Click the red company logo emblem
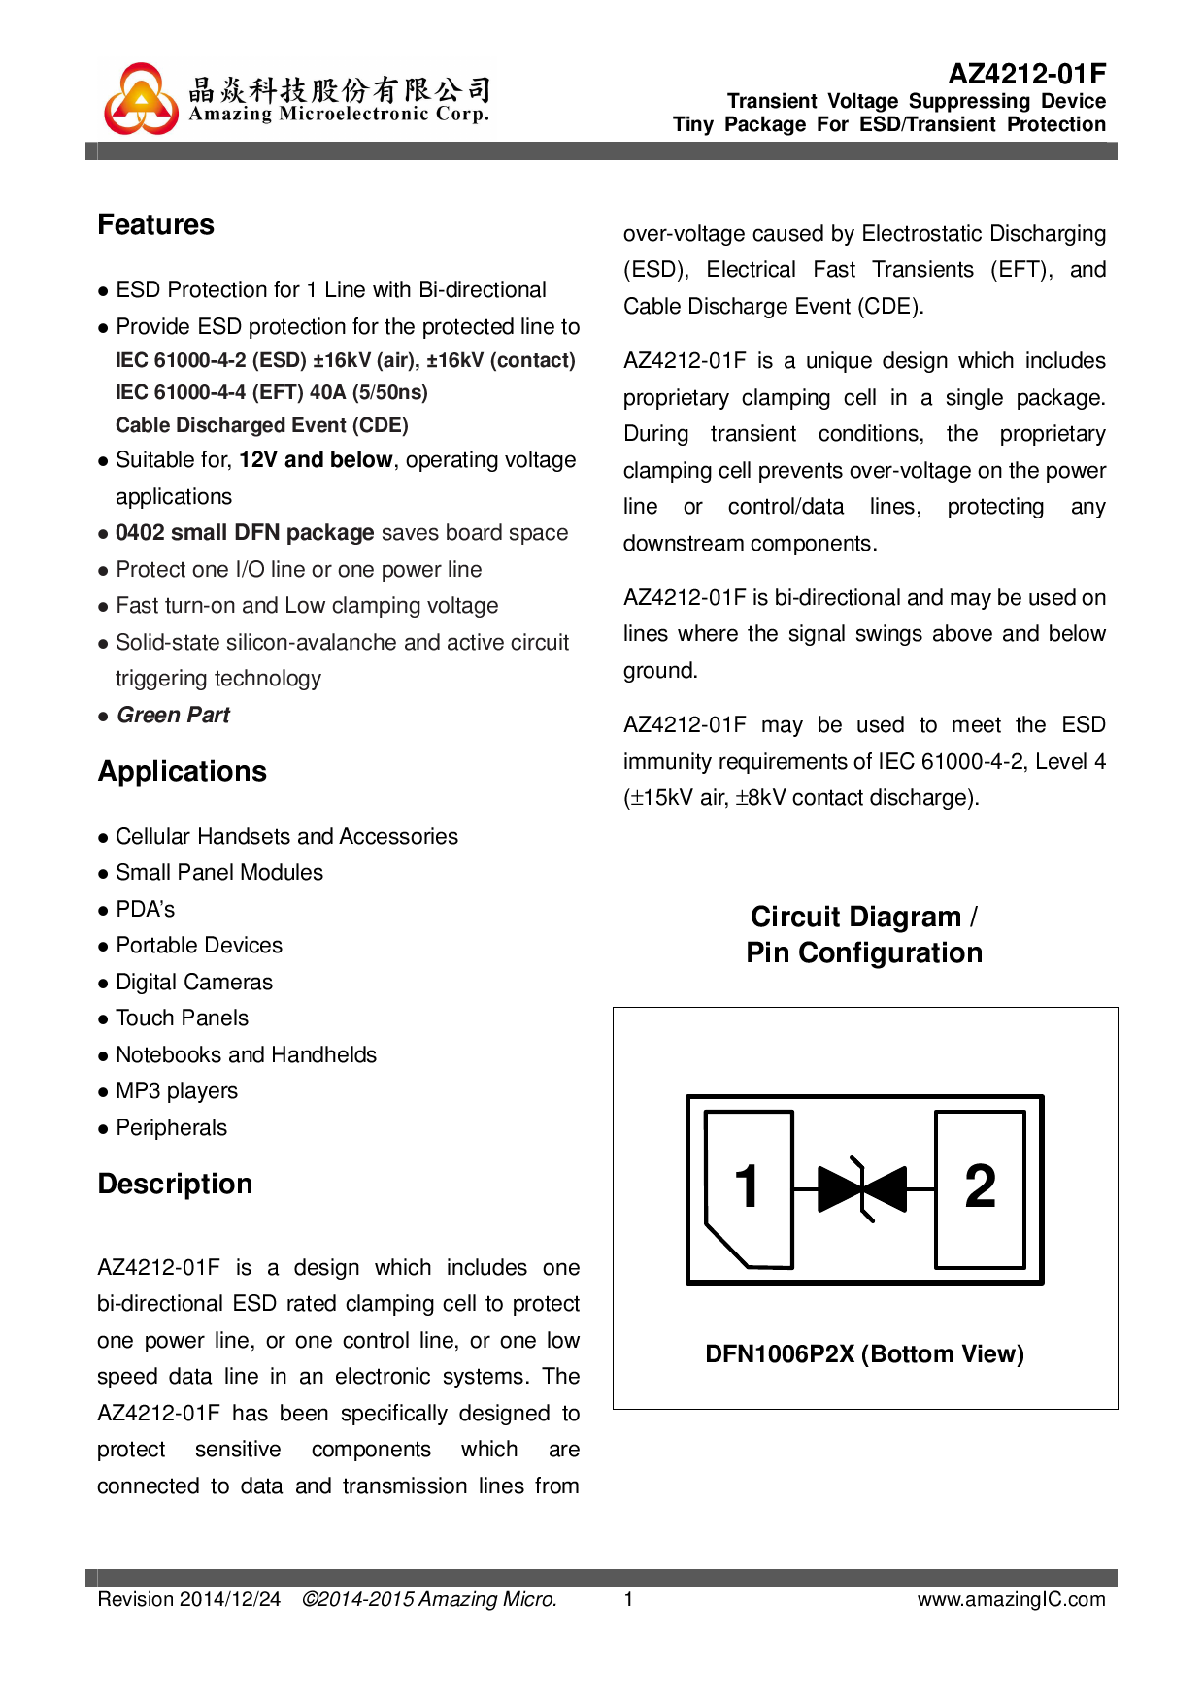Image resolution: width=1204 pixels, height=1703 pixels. tap(142, 100)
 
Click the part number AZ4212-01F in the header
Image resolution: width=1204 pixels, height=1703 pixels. tap(1026, 74)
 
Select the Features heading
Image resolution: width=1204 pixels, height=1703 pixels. tap(155, 225)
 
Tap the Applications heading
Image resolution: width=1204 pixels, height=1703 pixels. tap(182, 772)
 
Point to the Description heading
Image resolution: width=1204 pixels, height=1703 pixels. tap(175, 1185)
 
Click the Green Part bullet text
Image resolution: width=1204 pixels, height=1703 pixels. tap(173, 716)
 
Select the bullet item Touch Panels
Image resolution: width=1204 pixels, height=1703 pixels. tap(182, 1018)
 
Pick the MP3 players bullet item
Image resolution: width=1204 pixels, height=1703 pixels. tap(176, 1091)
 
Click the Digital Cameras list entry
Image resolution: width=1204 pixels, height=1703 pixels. tap(194, 983)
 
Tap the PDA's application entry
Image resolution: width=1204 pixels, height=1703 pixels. tap(145, 910)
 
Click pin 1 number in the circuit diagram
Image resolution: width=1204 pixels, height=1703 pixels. tap(747, 1186)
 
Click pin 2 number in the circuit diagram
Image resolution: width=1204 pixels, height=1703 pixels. tap(980, 1186)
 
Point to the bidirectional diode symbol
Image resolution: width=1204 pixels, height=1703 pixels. tap(862, 1188)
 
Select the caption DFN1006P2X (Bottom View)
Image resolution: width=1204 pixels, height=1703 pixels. tap(864, 1354)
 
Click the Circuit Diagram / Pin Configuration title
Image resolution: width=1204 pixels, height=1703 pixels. tap(864, 935)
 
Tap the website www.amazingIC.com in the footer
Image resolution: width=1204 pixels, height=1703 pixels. tap(1011, 1599)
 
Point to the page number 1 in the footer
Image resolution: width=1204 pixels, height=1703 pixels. tap(628, 1599)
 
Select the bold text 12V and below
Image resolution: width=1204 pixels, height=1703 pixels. tap(316, 460)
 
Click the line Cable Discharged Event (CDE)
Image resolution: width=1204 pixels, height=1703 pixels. tap(261, 425)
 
